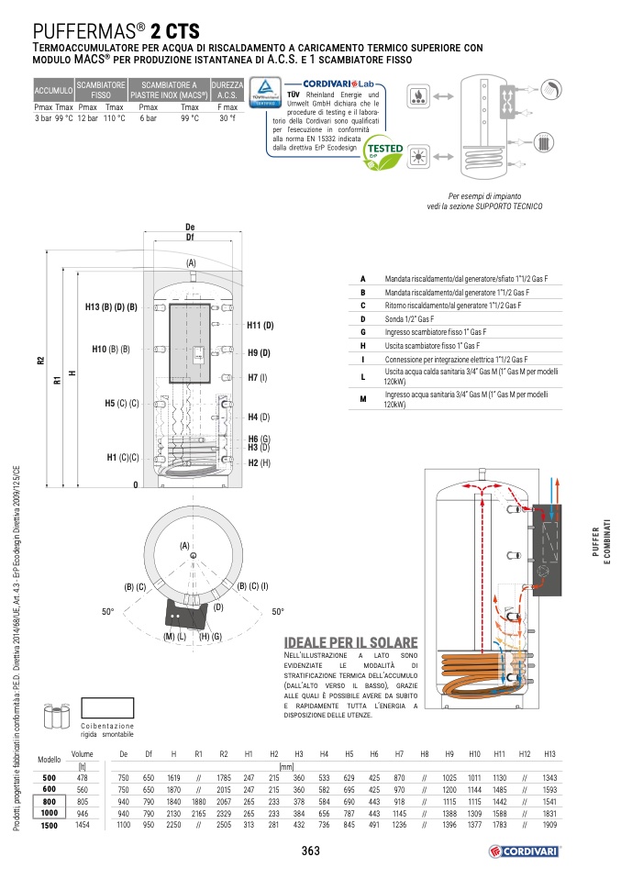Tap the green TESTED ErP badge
point(383,150)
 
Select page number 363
point(310,851)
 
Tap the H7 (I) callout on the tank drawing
point(257,377)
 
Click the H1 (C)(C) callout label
point(123,457)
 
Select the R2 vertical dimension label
point(40,361)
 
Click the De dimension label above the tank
point(190,227)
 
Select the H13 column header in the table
point(549,754)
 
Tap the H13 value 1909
point(549,826)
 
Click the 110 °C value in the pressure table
point(114,118)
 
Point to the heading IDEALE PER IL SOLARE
point(351,642)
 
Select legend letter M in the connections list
point(362,398)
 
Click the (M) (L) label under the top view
point(175,637)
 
